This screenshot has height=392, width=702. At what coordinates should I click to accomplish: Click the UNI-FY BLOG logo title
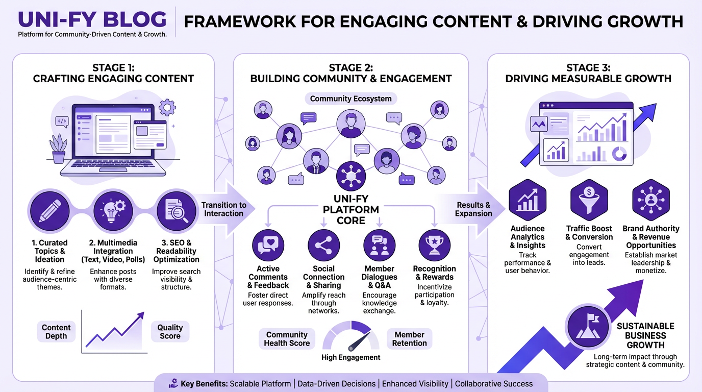click(x=92, y=19)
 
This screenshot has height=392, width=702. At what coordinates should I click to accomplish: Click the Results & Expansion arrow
click(x=472, y=209)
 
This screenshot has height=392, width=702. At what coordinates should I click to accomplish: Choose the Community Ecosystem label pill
click(x=350, y=99)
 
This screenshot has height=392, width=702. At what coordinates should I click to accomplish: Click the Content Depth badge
click(x=56, y=332)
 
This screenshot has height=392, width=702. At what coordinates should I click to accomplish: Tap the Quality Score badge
click(x=170, y=332)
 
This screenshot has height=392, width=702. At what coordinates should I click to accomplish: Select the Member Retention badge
click(x=409, y=339)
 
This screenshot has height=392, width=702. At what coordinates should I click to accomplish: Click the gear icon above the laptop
click(x=166, y=108)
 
